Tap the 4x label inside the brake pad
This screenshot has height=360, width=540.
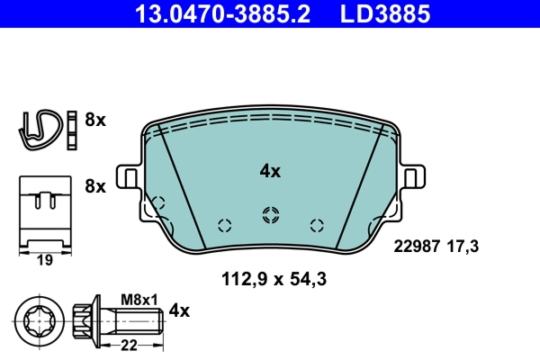[x=270, y=170]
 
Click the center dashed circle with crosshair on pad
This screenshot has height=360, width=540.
[x=269, y=214]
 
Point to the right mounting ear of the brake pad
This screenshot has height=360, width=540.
[x=413, y=177]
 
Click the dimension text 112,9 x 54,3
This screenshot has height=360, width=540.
[x=273, y=280]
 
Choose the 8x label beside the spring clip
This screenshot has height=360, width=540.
[x=94, y=120]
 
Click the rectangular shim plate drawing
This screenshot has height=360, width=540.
[x=45, y=209]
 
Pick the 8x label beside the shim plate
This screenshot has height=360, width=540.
[x=94, y=187]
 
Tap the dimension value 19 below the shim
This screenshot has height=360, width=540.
[x=45, y=261]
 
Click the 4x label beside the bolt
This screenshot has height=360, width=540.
[x=179, y=311]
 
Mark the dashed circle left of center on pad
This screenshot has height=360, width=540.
[x=225, y=225]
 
